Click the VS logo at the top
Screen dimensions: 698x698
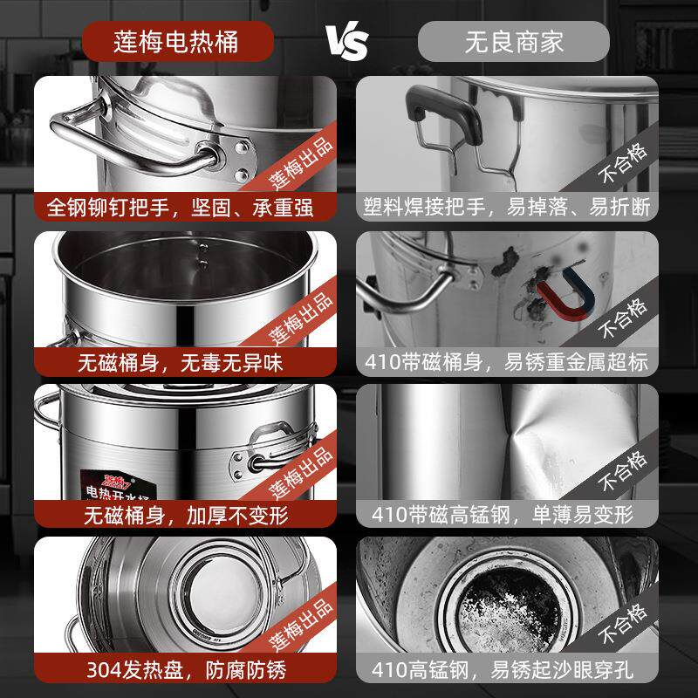click(x=347, y=40)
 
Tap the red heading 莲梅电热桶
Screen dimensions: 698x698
click(x=178, y=41)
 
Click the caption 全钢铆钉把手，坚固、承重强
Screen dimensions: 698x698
click(x=179, y=208)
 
